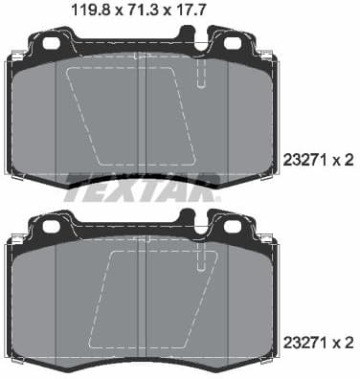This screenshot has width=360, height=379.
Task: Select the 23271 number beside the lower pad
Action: (306, 339)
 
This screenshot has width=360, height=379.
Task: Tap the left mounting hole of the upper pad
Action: (51, 43)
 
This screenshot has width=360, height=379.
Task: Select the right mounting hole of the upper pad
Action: (232, 43)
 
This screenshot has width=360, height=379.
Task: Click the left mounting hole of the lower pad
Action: (51, 226)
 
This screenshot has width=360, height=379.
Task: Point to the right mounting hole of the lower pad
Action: (232, 226)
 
